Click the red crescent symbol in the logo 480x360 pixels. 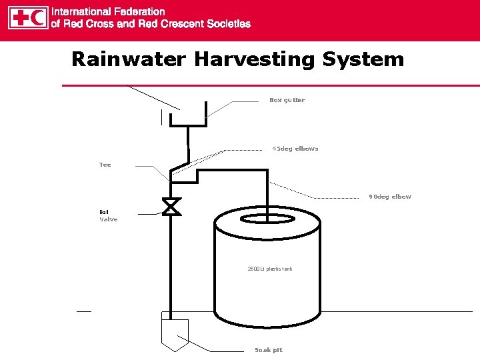[x=39, y=18]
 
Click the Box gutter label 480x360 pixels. [x=287, y=100]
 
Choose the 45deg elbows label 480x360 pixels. [x=295, y=149]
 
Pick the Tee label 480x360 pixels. [x=105, y=165]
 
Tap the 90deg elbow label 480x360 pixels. [x=390, y=197]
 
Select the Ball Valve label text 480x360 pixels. [x=108, y=215]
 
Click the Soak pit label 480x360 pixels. [x=269, y=350]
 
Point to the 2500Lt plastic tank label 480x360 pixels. [x=269, y=269]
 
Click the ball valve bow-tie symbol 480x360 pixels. [x=171, y=207]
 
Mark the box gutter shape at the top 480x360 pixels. [x=188, y=119]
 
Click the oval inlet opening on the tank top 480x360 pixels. [x=265, y=219]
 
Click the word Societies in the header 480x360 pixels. [x=227, y=24]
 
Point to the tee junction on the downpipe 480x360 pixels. [x=171, y=175]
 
